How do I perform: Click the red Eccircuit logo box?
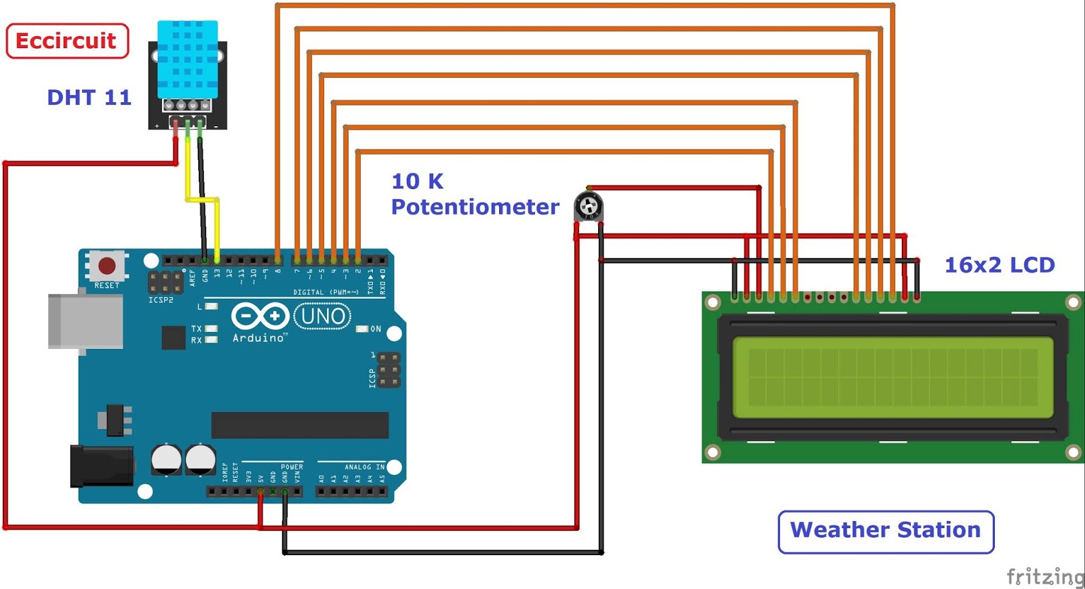pos(67,41)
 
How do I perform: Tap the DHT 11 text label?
pos(89,98)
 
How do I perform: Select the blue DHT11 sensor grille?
pos(188,59)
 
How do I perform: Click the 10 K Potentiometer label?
pos(475,194)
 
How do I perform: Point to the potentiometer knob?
pos(588,205)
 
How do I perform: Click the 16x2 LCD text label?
pos(999,265)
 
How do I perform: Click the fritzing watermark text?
pos(1045,576)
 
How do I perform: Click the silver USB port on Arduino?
pos(84,321)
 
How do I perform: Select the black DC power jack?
pos(101,466)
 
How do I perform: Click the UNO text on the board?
pos(323,316)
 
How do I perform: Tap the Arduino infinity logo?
pos(260,316)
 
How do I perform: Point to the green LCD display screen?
pos(892,377)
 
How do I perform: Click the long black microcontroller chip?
pos(300,425)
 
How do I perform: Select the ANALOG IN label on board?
pos(364,467)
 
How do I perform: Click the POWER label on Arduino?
pos(292,467)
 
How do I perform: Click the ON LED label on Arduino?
pos(376,329)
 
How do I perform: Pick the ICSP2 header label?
pos(161,300)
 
